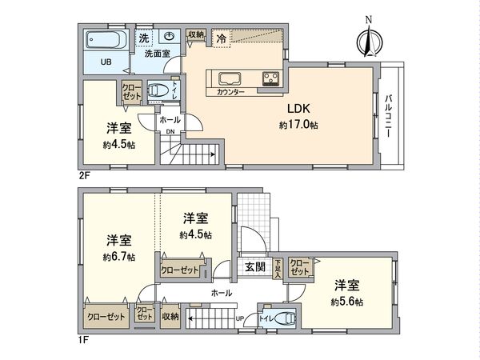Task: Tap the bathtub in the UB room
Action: [x=103, y=40]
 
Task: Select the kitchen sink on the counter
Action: [x=224, y=78]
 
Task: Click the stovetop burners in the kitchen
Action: [x=269, y=78]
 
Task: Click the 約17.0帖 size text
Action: [x=298, y=126]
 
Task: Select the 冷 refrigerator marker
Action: [x=219, y=37]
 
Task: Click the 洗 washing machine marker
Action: [x=144, y=38]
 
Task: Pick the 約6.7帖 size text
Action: [x=118, y=257]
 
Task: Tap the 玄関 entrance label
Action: [x=255, y=266]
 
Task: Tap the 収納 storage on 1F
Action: [x=170, y=317]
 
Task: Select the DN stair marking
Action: [x=169, y=133]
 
